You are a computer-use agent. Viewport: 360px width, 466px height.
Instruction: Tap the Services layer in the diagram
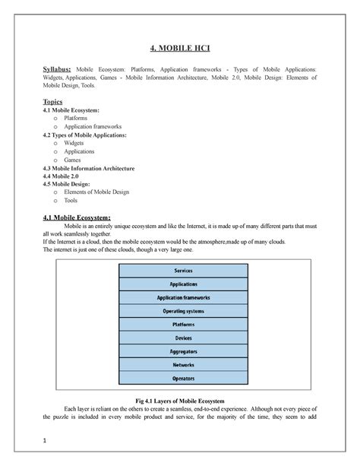point(183,270)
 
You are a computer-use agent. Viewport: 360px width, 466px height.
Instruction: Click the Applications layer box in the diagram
point(183,284)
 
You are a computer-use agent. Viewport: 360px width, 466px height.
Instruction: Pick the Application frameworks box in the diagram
point(183,297)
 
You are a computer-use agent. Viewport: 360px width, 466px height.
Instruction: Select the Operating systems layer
point(183,311)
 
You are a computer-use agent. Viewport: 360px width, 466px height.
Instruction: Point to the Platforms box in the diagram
point(183,324)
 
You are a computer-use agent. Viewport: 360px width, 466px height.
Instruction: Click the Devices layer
point(183,338)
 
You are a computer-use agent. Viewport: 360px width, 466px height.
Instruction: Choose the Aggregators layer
point(183,351)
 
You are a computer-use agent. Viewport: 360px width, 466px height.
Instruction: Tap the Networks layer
point(183,364)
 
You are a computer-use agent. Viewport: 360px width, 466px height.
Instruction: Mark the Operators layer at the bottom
point(183,378)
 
